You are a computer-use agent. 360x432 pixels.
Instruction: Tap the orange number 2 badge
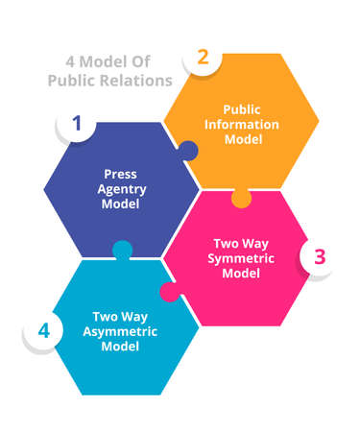[202, 56]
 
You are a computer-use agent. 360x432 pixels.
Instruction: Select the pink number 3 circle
[320, 256]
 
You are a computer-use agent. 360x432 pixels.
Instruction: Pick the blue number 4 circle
[43, 330]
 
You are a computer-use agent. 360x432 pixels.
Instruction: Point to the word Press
[121, 174]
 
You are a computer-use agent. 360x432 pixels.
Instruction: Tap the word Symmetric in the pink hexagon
[242, 258]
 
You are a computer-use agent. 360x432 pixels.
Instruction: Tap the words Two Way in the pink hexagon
[242, 243]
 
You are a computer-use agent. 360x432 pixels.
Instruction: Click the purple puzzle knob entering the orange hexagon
[188, 151]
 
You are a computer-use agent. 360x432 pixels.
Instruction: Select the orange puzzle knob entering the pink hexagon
[242, 200]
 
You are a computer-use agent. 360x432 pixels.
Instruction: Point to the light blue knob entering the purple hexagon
[122, 250]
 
